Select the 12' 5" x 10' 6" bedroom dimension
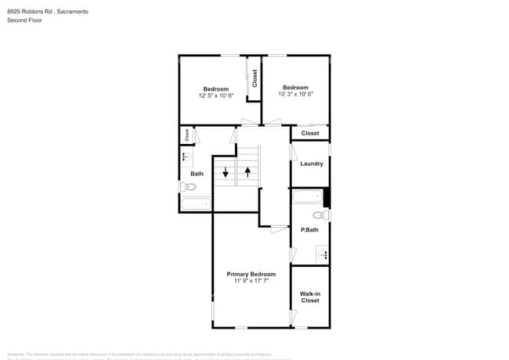click(215, 95)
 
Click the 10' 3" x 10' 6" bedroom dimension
click(295, 95)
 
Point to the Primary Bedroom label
click(251, 274)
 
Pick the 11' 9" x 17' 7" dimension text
click(251, 281)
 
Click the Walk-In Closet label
click(310, 297)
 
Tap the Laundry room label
click(312, 164)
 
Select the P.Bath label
click(309, 229)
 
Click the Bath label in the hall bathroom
click(197, 174)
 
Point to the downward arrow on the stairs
click(226, 172)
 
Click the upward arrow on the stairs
click(248, 171)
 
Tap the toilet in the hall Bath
click(188, 187)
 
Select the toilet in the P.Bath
click(319, 215)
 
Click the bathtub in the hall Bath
click(196, 204)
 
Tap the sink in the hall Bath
click(186, 157)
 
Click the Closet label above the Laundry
click(310, 133)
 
